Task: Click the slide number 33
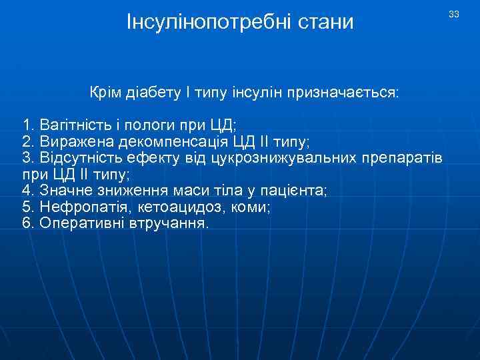pos(454,15)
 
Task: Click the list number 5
pos(26,207)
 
